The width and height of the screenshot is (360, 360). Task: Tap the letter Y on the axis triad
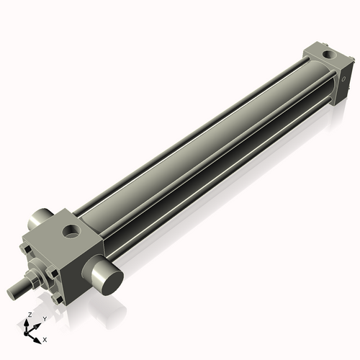click(44, 318)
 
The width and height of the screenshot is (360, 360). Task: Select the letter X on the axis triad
click(45, 338)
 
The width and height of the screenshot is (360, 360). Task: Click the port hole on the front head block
click(72, 231)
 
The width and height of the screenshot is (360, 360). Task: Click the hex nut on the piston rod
click(32, 279)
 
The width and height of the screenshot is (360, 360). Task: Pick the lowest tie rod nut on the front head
click(57, 297)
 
